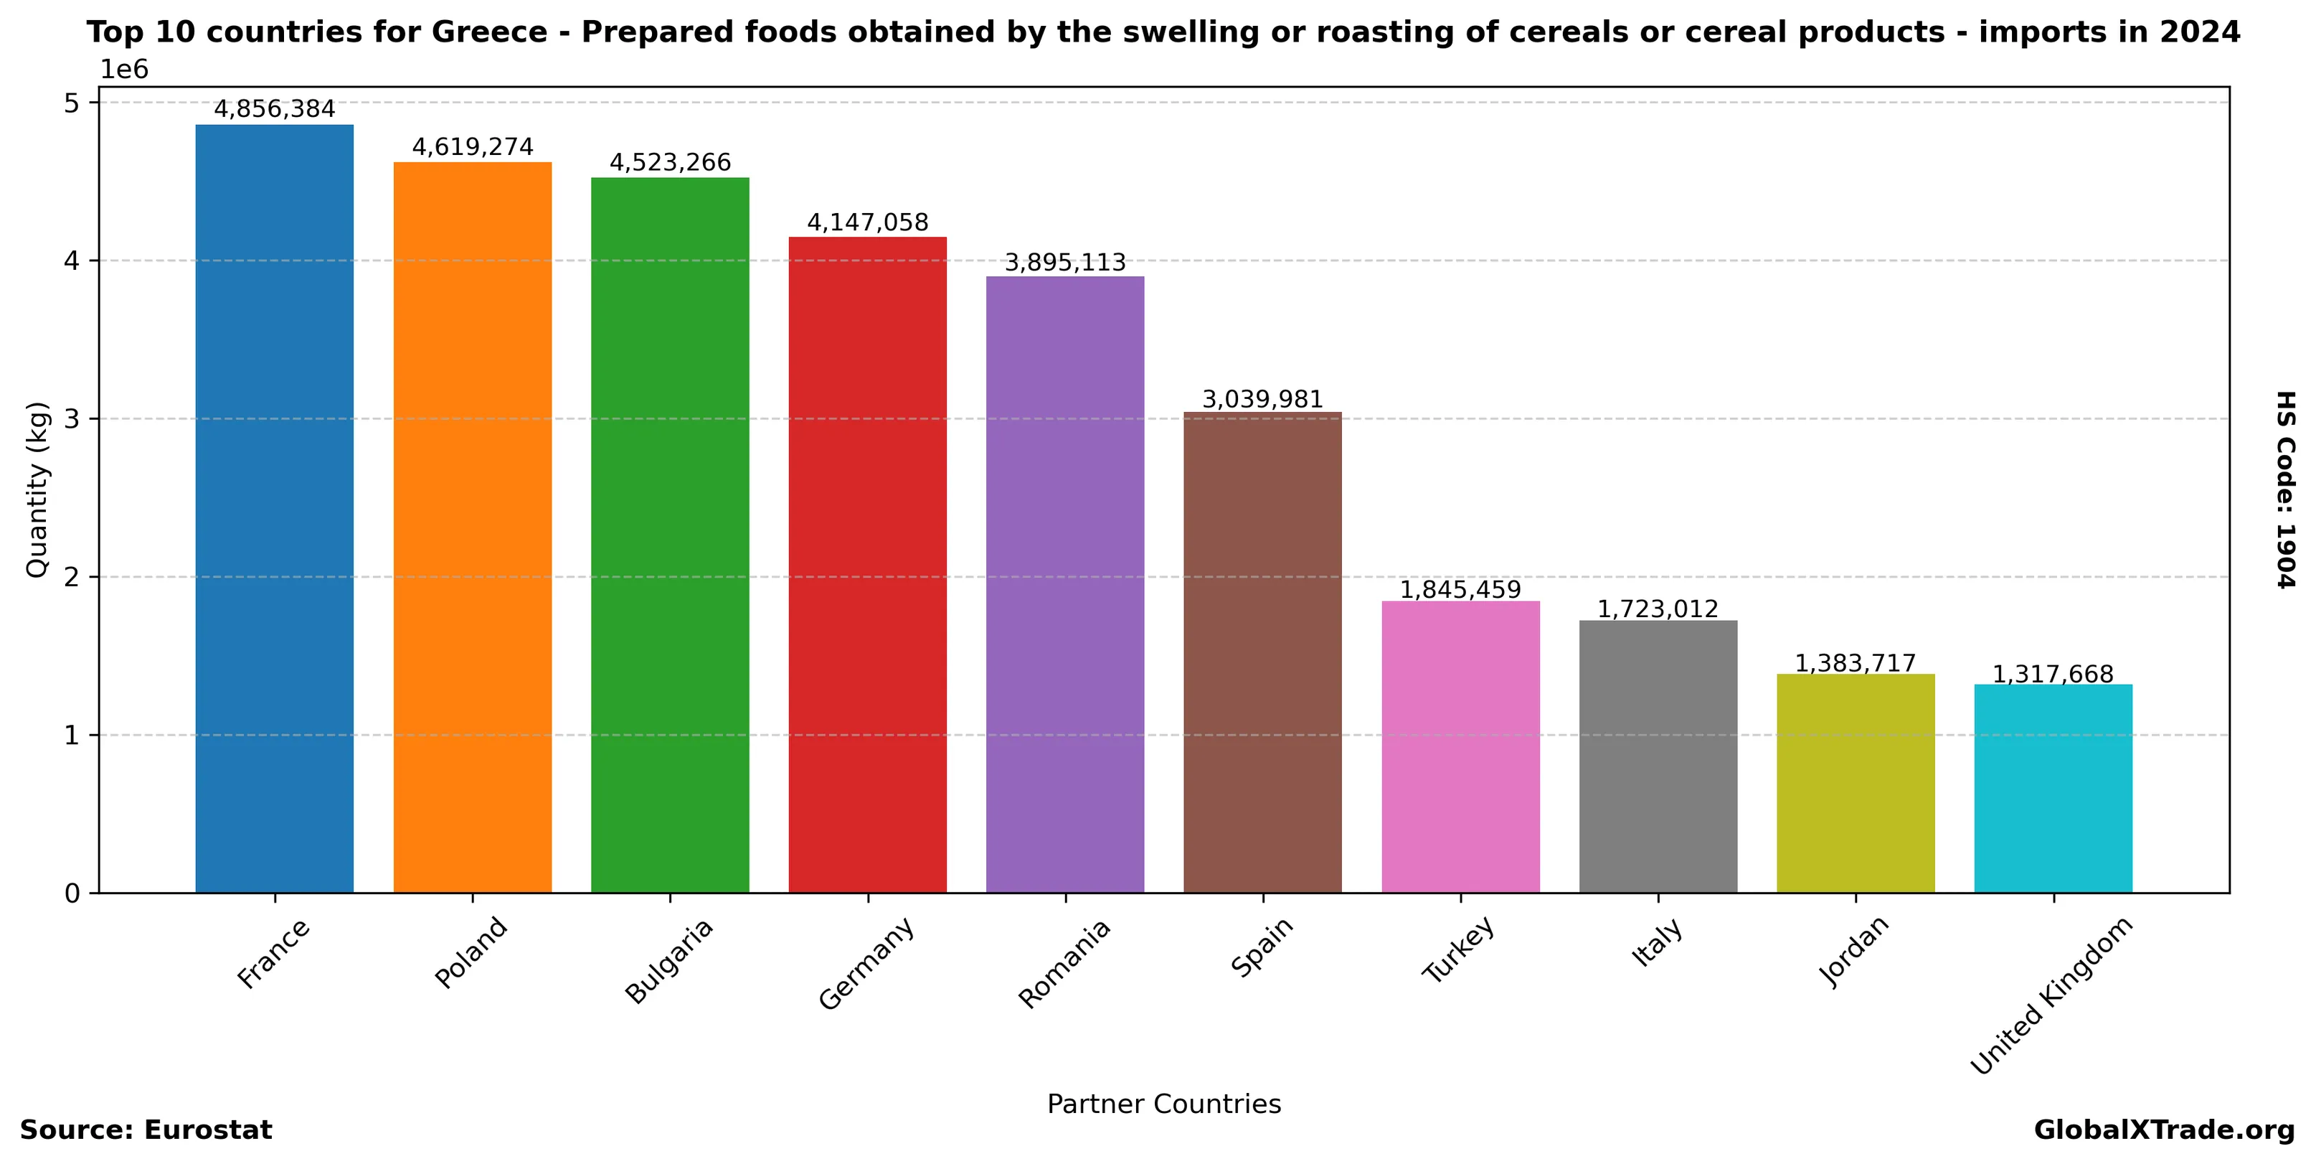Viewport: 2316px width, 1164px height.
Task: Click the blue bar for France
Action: click(274, 508)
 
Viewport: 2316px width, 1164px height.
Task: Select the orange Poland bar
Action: click(472, 527)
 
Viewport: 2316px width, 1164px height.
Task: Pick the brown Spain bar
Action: click(1262, 652)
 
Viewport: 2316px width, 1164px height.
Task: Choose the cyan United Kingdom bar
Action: click(2053, 788)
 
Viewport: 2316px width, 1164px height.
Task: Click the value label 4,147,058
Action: click(868, 222)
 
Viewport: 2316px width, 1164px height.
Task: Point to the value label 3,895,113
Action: click(1064, 263)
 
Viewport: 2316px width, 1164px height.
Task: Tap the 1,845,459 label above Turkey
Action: click(1460, 589)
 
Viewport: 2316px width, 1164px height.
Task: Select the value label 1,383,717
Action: click(1855, 663)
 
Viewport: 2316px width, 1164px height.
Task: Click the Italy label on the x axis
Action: click(1657, 943)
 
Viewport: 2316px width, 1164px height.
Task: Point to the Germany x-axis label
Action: click(866, 962)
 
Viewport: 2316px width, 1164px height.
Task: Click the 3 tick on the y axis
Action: click(72, 419)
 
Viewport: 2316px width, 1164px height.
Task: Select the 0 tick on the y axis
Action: click(72, 893)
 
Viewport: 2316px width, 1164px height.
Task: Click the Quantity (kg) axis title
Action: click(36, 490)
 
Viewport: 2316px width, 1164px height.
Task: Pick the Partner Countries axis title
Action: click(1163, 1104)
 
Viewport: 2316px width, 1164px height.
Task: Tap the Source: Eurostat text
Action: click(146, 1130)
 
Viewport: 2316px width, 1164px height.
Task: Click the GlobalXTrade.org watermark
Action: click(2164, 1130)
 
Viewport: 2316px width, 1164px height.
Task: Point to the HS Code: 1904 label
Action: click(2285, 490)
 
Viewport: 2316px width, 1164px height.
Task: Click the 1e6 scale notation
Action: click(123, 70)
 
